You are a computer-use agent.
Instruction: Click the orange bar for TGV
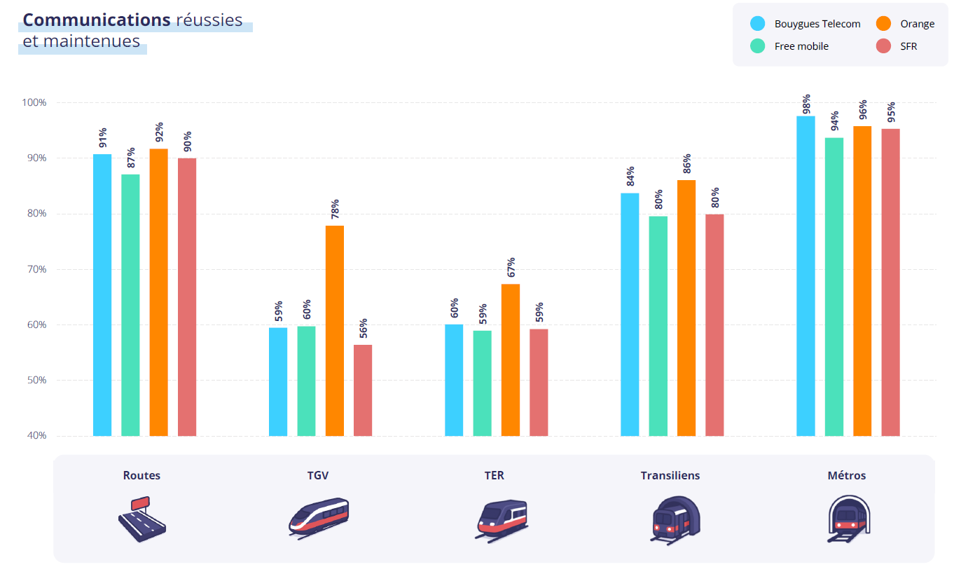pyautogui.click(x=334, y=330)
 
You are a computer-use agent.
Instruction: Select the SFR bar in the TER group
pyautogui.click(x=539, y=382)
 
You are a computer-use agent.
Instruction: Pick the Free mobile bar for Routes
pyautogui.click(x=130, y=305)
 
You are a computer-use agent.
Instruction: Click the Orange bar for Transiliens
pyautogui.click(x=686, y=308)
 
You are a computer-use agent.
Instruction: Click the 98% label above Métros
pyautogui.click(x=806, y=103)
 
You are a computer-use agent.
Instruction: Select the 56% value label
pyautogui.click(x=363, y=329)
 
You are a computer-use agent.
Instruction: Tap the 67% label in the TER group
pyautogui.click(x=511, y=268)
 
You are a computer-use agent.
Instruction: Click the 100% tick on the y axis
pyautogui.click(x=33, y=102)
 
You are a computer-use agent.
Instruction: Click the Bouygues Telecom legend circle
pyautogui.click(x=757, y=23)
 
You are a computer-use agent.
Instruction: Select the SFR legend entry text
pyautogui.click(x=908, y=46)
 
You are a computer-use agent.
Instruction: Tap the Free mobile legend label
pyautogui.click(x=801, y=46)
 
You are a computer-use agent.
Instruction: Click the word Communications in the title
pyautogui.click(x=97, y=20)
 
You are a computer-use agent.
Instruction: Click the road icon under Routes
pyautogui.click(x=141, y=519)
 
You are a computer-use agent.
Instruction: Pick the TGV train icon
pyautogui.click(x=319, y=517)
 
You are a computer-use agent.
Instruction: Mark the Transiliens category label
pyautogui.click(x=670, y=475)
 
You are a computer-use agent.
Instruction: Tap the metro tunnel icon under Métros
pyautogui.click(x=847, y=519)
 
